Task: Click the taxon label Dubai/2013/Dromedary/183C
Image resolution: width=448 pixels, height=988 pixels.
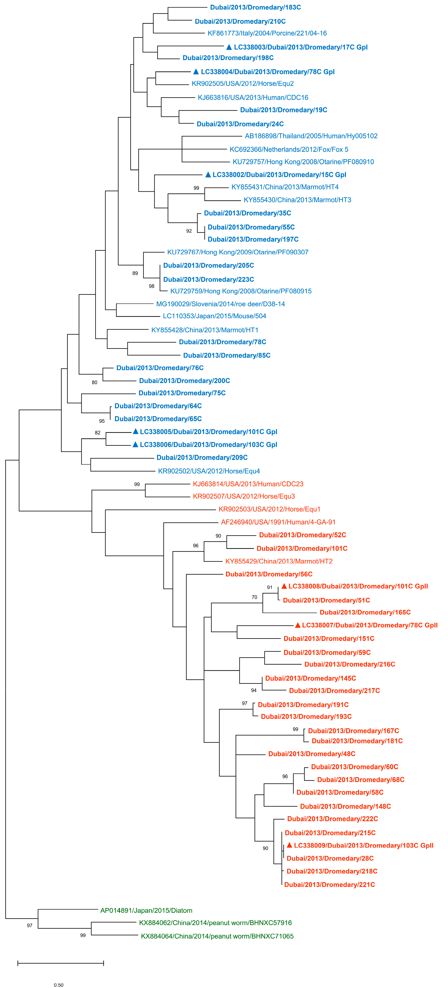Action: pos(255,7)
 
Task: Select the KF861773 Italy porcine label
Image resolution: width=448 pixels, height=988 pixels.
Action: pos(267,33)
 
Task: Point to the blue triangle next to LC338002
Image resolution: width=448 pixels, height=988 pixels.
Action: pos(208,175)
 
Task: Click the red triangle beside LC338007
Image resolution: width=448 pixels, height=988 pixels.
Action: pos(297,625)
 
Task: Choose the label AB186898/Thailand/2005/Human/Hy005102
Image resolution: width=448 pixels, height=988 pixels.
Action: pos(311,136)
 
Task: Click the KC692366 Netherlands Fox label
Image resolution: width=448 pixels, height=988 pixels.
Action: pos(289,150)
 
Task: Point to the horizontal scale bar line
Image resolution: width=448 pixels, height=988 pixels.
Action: pos(61,963)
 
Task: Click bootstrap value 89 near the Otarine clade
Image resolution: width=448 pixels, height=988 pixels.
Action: pos(135,274)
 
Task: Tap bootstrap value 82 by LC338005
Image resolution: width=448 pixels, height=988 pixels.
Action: pos(98,433)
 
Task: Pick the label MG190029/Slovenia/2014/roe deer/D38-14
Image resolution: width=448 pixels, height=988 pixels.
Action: pos(220,304)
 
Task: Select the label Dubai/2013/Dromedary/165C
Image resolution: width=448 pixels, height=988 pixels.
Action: pos(365,612)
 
